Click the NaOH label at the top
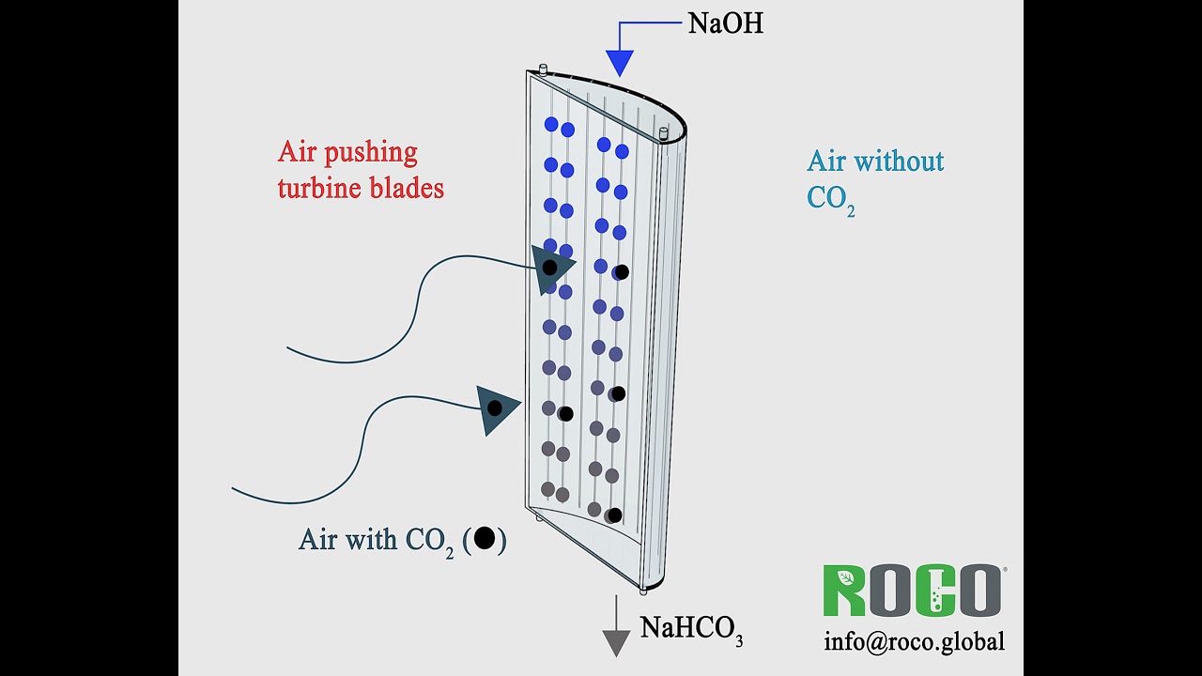[x=725, y=23]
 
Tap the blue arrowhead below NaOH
[x=620, y=63]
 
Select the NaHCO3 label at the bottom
[x=691, y=628]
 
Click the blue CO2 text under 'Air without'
[x=830, y=199]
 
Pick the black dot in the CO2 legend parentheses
[x=485, y=538]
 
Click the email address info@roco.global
[x=914, y=641]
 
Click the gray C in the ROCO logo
[x=933, y=591]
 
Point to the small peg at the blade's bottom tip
[x=643, y=590]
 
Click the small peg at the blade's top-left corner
[x=543, y=68]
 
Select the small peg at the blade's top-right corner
[x=664, y=133]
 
